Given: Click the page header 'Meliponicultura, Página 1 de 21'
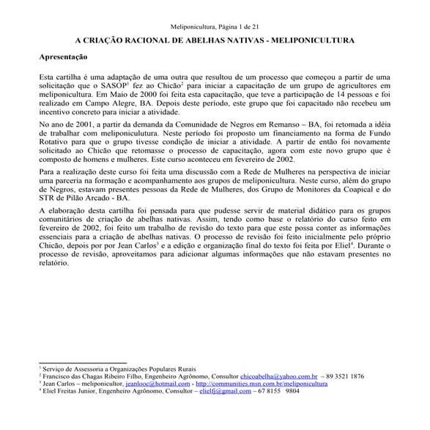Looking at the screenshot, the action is (215, 26).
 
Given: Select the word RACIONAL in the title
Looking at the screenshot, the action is (146, 42).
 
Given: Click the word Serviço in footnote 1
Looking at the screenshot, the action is (56, 368).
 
